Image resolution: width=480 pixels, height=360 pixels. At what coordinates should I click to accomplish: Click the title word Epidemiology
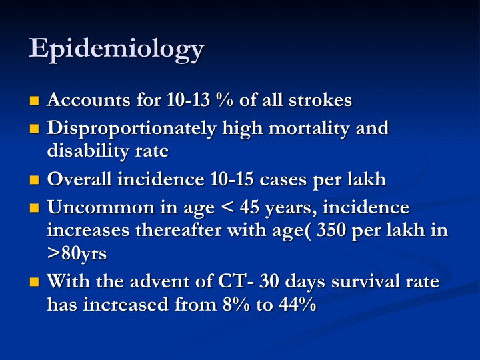click(116, 49)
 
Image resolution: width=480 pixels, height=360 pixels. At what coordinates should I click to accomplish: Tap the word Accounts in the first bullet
click(89, 100)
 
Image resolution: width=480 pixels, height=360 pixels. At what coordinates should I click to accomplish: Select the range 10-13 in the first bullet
click(188, 100)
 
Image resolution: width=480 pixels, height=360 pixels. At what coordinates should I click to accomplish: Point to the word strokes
click(321, 100)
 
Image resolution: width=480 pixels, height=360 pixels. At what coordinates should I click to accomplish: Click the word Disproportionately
click(131, 129)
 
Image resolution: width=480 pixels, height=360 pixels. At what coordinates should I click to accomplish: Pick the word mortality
click(309, 129)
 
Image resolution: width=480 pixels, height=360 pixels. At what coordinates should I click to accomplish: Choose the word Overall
click(79, 179)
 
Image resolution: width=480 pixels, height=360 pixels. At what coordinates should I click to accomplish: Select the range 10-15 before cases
click(232, 179)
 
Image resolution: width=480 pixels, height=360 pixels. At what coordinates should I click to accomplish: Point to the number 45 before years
click(249, 207)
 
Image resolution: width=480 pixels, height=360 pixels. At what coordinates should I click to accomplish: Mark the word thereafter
click(179, 230)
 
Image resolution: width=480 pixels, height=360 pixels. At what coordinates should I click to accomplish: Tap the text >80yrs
click(77, 254)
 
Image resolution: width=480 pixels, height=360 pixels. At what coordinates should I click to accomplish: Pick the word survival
click(365, 281)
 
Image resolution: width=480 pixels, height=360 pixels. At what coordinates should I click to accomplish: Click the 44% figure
click(297, 304)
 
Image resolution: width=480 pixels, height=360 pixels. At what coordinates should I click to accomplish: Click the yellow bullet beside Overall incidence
click(35, 180)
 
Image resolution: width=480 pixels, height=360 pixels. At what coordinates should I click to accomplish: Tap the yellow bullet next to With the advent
click(35, 281)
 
